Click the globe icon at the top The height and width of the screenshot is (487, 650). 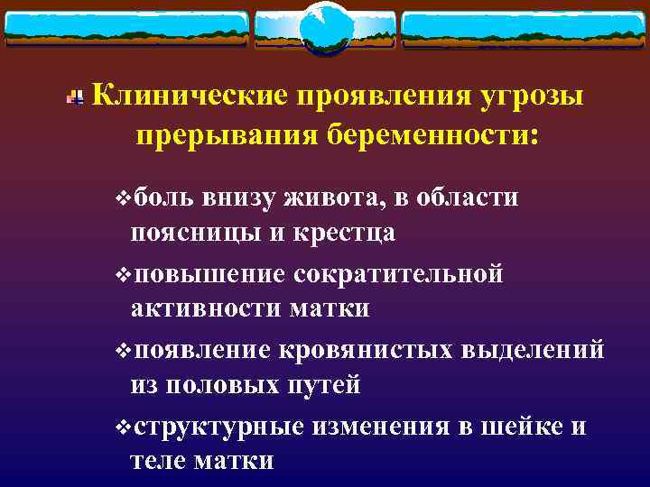click(x=324, y=28)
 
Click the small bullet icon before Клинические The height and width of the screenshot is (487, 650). click(x=80, y=96)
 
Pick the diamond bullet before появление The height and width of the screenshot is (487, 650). click(x=123, y=349)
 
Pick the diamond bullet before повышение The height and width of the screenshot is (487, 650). click(x=123, y=273)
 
